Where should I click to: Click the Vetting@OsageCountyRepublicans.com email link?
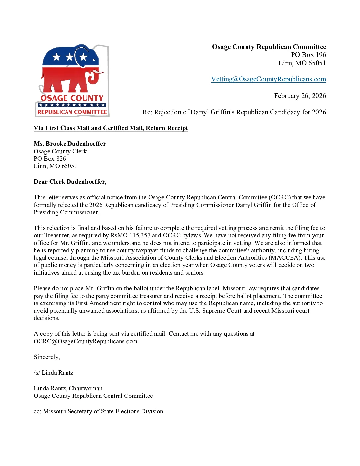[x=268, y=79]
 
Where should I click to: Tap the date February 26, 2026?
[x=300, y=96]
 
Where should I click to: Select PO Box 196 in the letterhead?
[x=308, y=55]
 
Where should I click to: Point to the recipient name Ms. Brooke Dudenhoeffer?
[x=70, y=144]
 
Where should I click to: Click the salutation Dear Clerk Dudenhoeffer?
[x=70, y=182]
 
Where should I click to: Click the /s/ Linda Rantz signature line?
[x=54, y=373]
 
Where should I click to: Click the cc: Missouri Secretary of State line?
[x=98, y=411]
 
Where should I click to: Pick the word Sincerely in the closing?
[x=47, y=357]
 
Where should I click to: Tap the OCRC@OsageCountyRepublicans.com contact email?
[x=86, y=341]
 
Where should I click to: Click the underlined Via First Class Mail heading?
[x=111, y=128]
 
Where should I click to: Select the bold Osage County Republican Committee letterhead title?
[x=269, y=47]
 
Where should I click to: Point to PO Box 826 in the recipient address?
[x=50, y=159]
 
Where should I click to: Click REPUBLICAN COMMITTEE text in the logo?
[x=72, y=112]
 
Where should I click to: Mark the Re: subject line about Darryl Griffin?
[x=234, y=112]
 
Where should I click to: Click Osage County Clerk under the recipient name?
[x=60, y=151]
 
